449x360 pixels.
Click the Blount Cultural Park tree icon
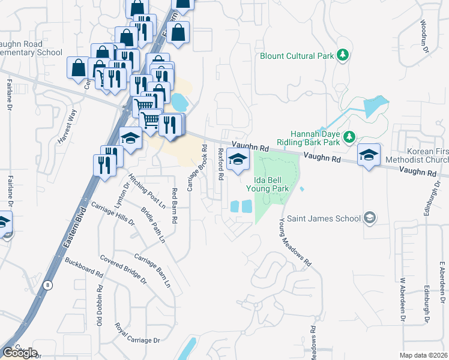coord(343,56)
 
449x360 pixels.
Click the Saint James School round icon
coord(370,218)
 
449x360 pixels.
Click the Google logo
coord(20,353)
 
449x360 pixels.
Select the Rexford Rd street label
coord(221,164)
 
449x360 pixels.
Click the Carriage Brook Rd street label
coord(197,169)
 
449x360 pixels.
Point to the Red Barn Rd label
coord(175,206)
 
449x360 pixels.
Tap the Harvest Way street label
coord(68,125)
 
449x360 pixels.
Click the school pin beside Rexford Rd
coord(238,160)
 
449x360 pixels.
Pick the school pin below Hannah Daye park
coord(368,155)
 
